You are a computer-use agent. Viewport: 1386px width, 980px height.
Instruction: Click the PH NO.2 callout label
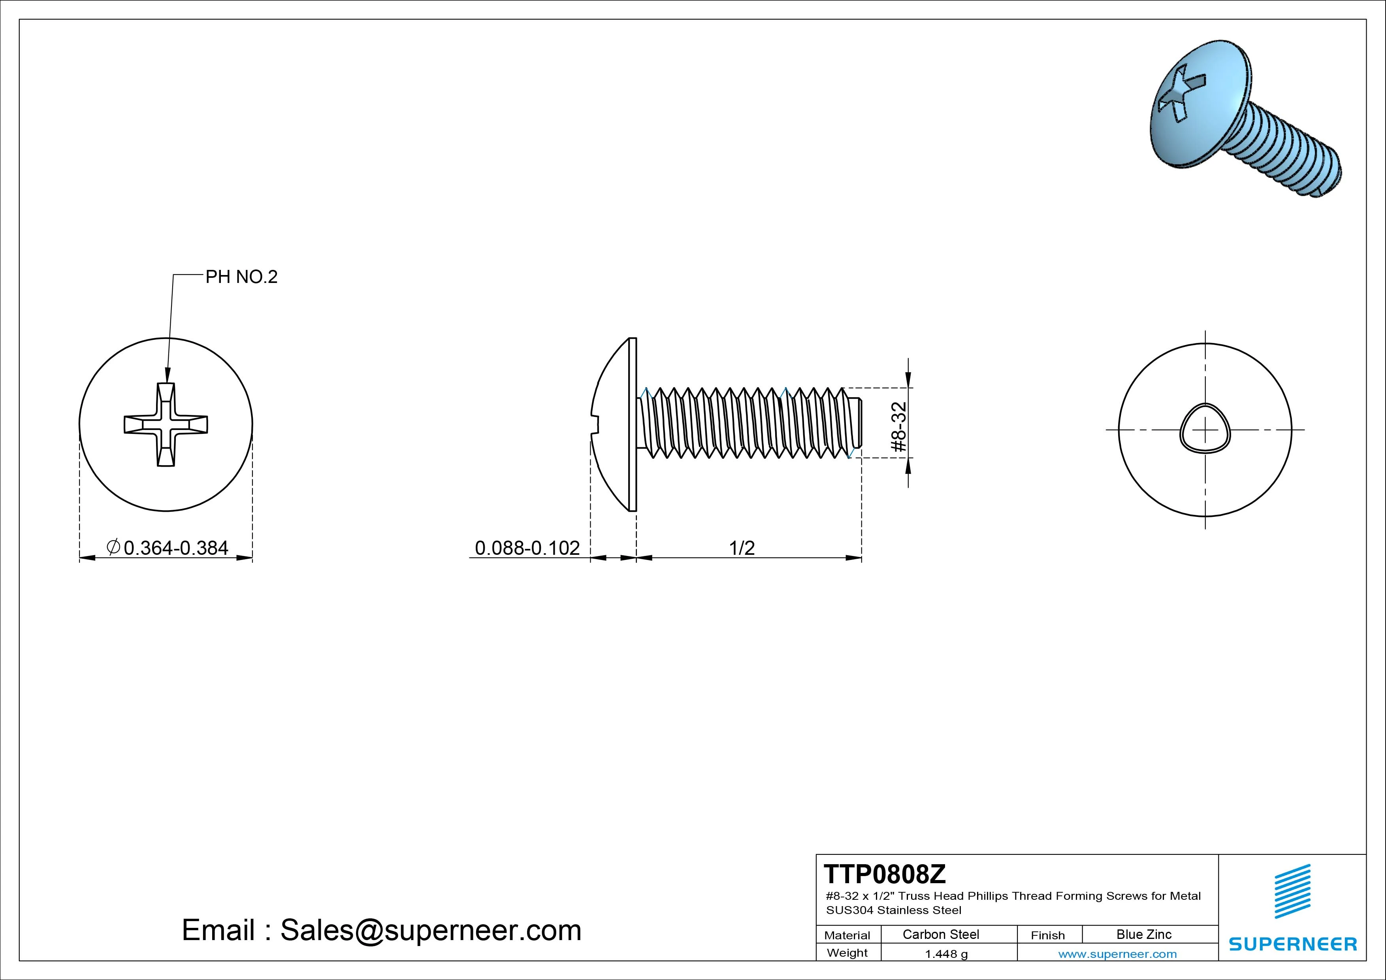tap(241, 277)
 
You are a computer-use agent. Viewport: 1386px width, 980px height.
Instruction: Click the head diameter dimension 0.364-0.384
tap(176, 548)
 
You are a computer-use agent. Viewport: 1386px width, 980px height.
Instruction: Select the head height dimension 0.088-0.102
tap(527, 548)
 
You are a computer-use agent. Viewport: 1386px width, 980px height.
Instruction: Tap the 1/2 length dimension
tap(742, 548)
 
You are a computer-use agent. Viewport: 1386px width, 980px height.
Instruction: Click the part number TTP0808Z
tap(885, 874)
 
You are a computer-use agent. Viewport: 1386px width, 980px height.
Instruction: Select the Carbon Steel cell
tap(940, 934)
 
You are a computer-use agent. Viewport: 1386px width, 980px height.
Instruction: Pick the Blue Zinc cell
tap(1144, 934)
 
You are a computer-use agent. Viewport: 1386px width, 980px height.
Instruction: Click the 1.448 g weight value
tap(946, 954)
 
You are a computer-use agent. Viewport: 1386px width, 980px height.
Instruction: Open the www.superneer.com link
tap(1117, 954)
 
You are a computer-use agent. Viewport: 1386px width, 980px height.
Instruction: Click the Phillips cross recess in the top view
tap(166, 424)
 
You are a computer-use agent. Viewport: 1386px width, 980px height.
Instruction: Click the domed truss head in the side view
tap(613, 424)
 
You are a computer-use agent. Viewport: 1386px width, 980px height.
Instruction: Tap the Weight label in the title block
tap(847, 953)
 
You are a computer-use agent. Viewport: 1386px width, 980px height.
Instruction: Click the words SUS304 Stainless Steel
tap(893, 910)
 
